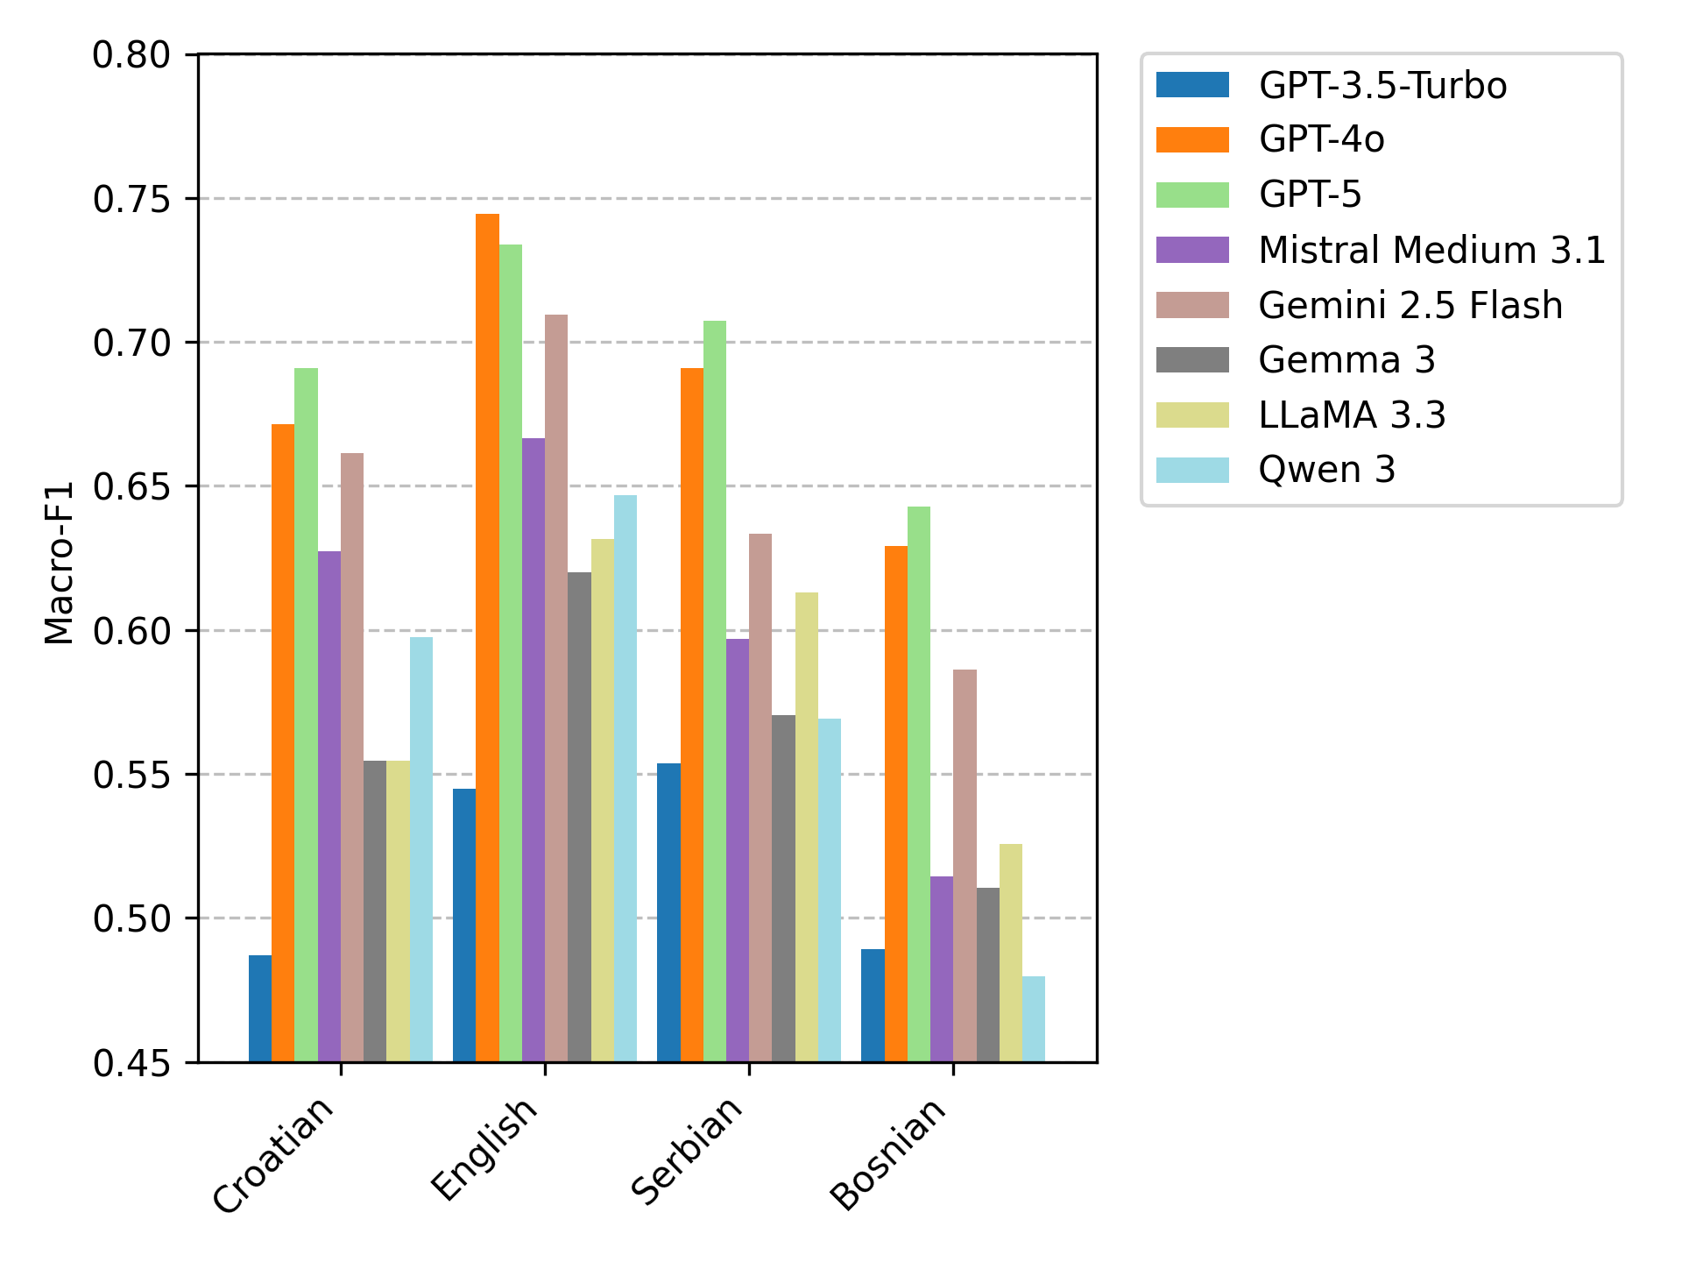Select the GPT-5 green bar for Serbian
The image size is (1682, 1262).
pos(715,691)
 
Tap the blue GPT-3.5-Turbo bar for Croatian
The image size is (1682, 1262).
pos(260,1009)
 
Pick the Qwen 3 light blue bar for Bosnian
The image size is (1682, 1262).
pos(1034,1019)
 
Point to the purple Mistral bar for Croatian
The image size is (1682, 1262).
pos(329,806)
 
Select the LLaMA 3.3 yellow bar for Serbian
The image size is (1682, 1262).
pos(807,827)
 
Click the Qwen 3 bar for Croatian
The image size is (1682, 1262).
pos(421,849)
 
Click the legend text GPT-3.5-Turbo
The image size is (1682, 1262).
pos(1382,85)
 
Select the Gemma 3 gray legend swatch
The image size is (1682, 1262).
pos(1192,359)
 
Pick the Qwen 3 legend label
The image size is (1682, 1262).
pos(1326,470)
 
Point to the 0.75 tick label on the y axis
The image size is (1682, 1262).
pos(131,200)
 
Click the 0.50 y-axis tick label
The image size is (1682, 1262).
pos(131,919)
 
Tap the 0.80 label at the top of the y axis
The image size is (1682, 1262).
pos(131,55)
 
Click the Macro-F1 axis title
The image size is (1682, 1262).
pos(59,563)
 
